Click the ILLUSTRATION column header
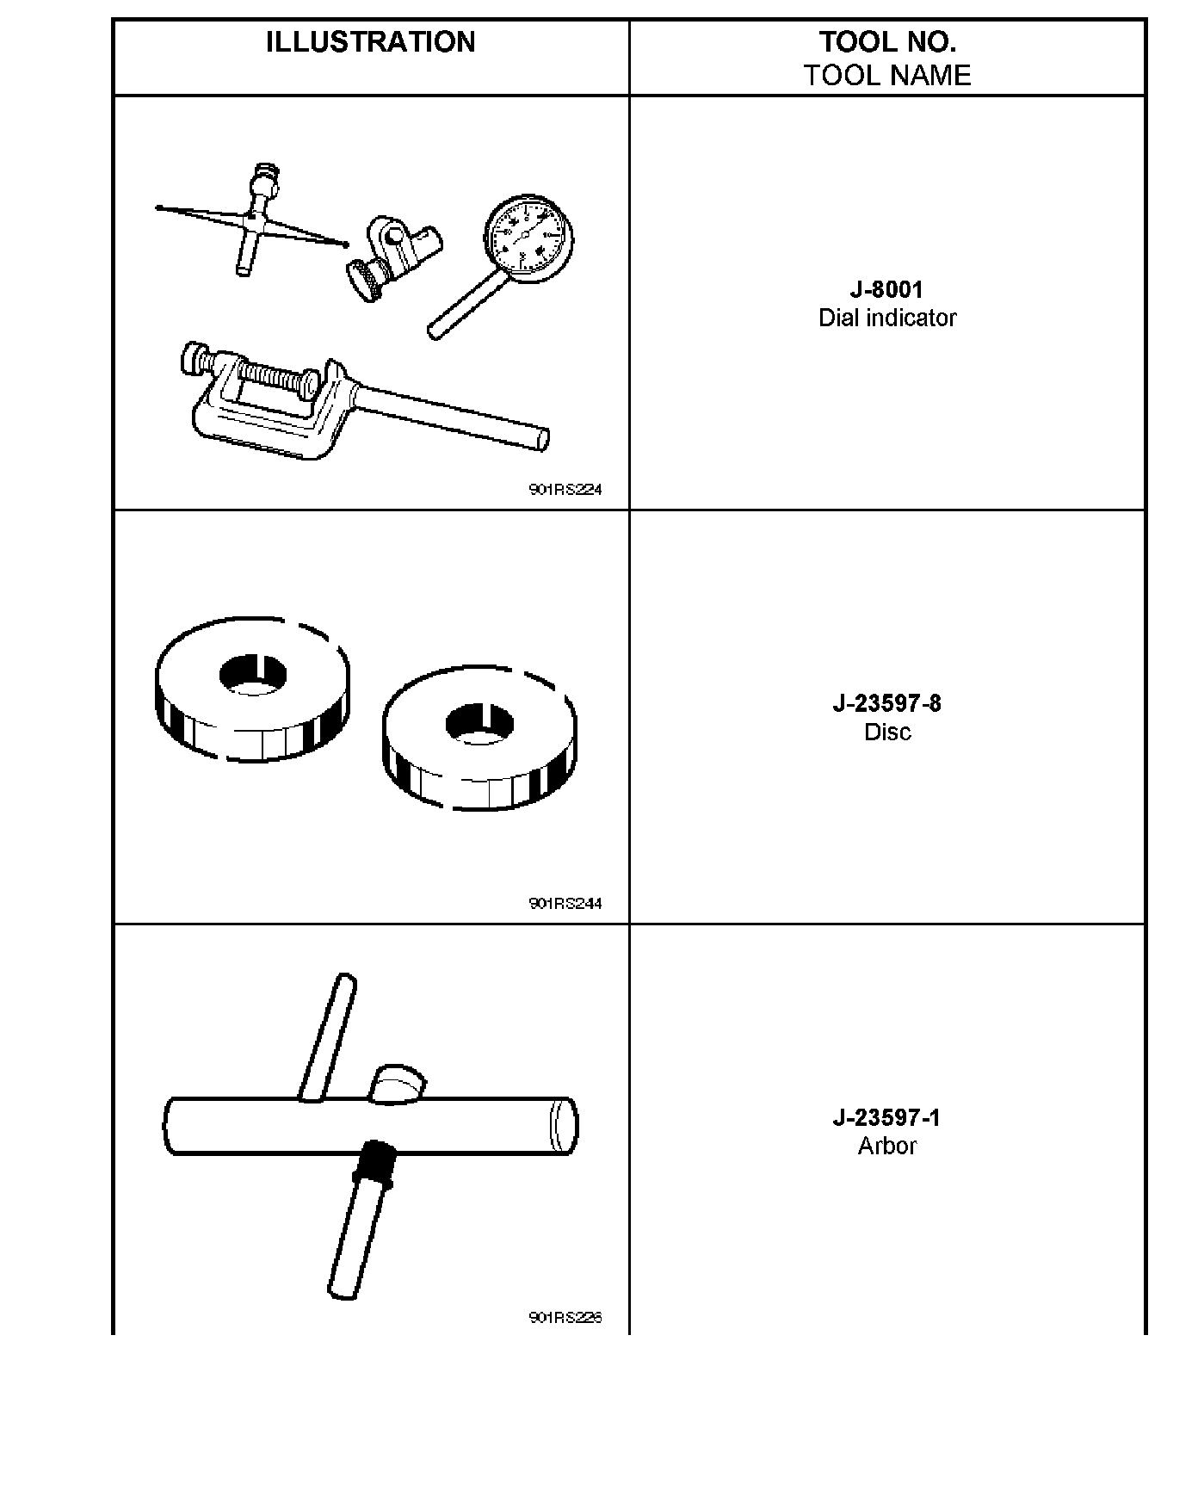[370, 42]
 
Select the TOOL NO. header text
[886, 42]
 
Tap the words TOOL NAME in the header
[886, 76]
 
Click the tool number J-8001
[886, 289]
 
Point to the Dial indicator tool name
[886, 318]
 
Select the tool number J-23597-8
[886, 703]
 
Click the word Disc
[886, 732]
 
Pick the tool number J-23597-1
[886, 1117]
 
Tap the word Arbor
[886, 1146]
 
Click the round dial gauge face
[528, 238]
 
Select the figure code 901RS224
[565, 490]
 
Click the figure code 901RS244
[565, 904]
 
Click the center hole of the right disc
[479, 724]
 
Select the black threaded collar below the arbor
[374, 1164]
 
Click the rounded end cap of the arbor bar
[563, 1126]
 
